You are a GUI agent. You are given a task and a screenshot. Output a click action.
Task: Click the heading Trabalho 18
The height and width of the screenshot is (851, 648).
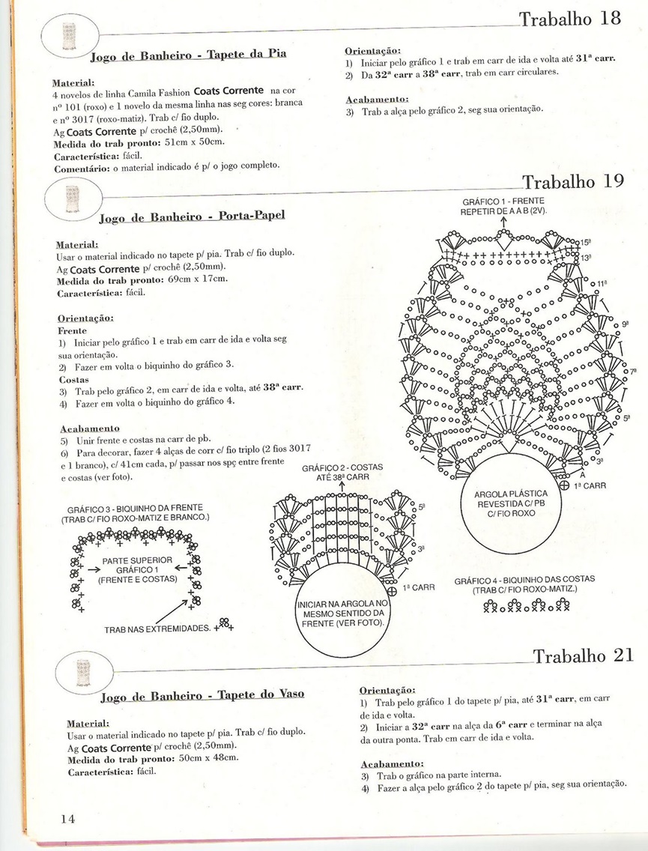pyautogui.click(x=569, y=19)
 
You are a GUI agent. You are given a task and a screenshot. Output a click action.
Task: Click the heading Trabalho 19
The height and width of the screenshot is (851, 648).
pyautogui.click(x=573, y=182)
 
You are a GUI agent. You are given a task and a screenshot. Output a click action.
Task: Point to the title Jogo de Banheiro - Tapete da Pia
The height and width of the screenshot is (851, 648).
pyautogui.click(x=188, y=55)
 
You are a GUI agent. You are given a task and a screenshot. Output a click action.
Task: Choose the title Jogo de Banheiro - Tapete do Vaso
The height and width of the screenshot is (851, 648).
pyautogui.click(x=202, y=694)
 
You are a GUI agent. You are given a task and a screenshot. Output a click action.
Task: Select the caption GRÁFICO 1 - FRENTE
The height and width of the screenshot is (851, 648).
pyautogui.click(x=503, y=202)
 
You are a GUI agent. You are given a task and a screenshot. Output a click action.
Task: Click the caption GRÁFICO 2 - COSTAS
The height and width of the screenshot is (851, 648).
pyautogui.click(x=342, y=467)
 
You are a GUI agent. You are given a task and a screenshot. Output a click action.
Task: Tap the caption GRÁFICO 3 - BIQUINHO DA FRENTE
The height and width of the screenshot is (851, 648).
pyautogui.click(x=135, y=508)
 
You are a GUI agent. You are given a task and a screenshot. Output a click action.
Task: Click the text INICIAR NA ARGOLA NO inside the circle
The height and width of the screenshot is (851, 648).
pyautogui.click(x=342, y=603)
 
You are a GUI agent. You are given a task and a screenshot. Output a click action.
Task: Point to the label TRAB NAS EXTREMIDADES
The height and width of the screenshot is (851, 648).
pyautogui.click(x=157, y=629)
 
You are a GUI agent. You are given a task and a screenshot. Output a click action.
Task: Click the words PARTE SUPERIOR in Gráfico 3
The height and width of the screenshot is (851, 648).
pyautogui.click(x=137, y=560)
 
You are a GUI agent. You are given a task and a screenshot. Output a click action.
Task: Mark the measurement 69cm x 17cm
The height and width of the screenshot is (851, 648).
pyautogui.click(x=196, y=279)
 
